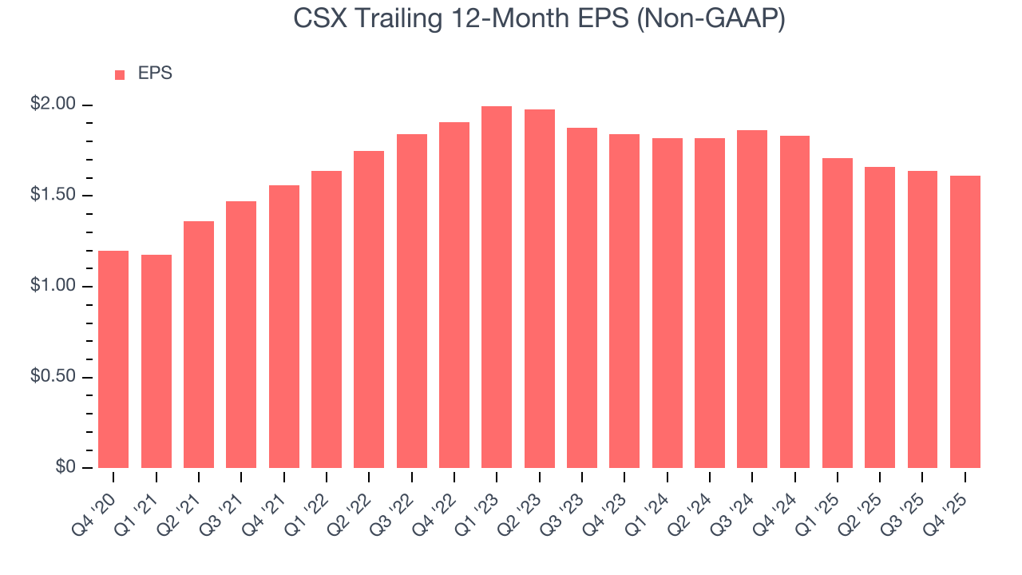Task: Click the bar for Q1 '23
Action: (x=497, y=287)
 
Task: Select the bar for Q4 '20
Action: (x=113, y=359)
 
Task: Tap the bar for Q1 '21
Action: (x=156, y=361)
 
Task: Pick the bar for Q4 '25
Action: (x=965, y=322)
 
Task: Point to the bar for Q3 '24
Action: (x=752, y=299)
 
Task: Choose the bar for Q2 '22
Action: (x=369, y=309)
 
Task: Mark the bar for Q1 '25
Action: (x=838, y=313)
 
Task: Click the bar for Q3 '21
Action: (x=241, y=335)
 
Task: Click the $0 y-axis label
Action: (x=65, y=467)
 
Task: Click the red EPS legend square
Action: (x=120, y=74)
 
